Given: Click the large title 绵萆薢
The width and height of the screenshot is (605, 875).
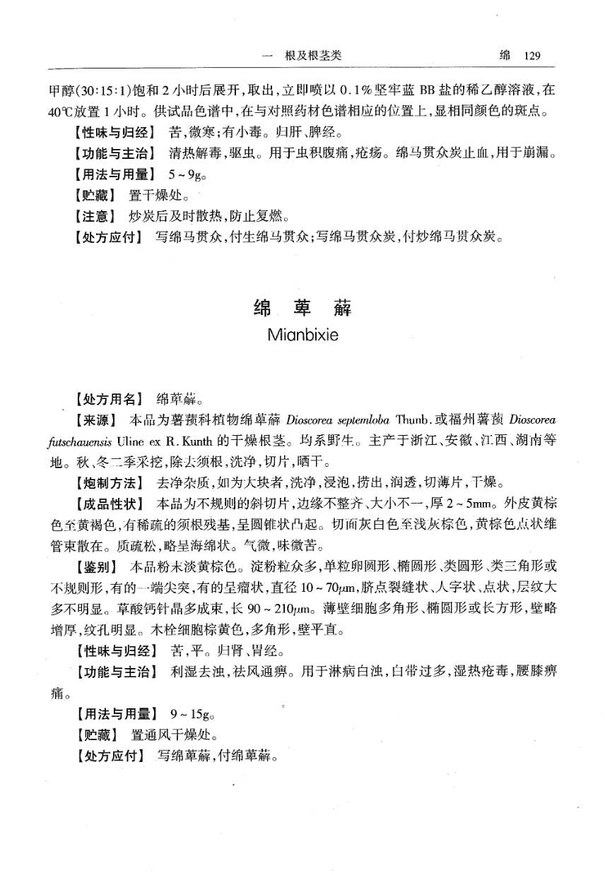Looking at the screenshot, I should click(302, 309).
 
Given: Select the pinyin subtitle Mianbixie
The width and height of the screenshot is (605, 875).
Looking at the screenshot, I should click(302, 335).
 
